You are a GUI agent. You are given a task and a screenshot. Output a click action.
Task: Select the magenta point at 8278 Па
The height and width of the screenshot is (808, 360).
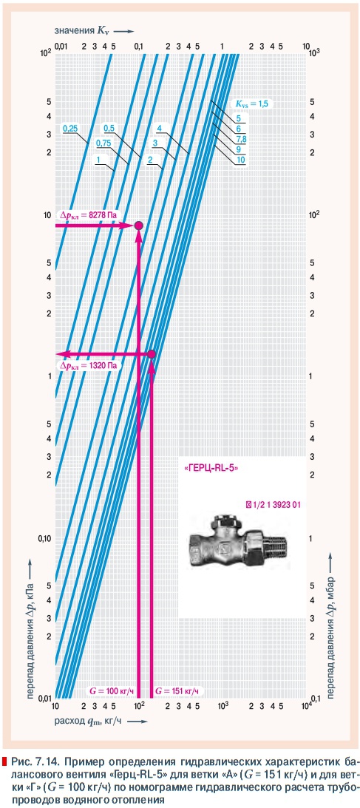(x=138, y=225)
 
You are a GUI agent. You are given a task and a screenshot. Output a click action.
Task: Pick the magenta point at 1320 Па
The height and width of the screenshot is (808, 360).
(x=152, y=354)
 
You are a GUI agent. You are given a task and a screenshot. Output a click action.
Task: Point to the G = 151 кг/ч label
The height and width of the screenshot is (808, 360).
(x=177, y=690)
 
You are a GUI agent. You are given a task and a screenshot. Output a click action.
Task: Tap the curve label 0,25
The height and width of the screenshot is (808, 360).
(x=69, y=129)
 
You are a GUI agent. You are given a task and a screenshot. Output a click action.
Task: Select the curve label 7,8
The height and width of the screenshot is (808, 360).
(x=242, y=140)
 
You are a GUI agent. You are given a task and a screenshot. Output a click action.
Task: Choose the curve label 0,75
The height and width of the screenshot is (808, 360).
(x=103, y=143)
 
